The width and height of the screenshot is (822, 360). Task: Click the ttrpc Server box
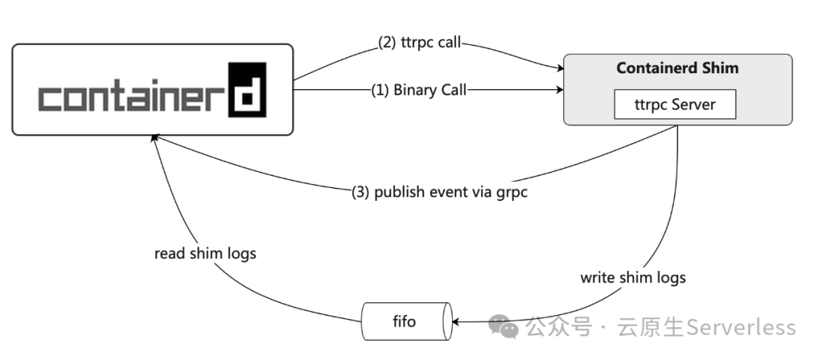(675, 104)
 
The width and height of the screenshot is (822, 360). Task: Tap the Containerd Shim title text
(677, 68)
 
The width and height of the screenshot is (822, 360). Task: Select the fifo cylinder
(405, 321)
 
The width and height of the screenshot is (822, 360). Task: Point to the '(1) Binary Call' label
(419, 90)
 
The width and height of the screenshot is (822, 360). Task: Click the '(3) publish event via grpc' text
(439, 192)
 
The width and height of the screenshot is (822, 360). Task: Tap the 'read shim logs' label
(205, 253)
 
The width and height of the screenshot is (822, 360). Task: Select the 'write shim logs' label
(632, 277)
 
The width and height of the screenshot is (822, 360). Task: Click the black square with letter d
(247, 90)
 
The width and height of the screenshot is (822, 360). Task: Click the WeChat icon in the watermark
(504, 327)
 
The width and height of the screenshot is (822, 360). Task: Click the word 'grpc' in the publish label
(511, 192)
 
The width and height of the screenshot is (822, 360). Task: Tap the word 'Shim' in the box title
(721, 68)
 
